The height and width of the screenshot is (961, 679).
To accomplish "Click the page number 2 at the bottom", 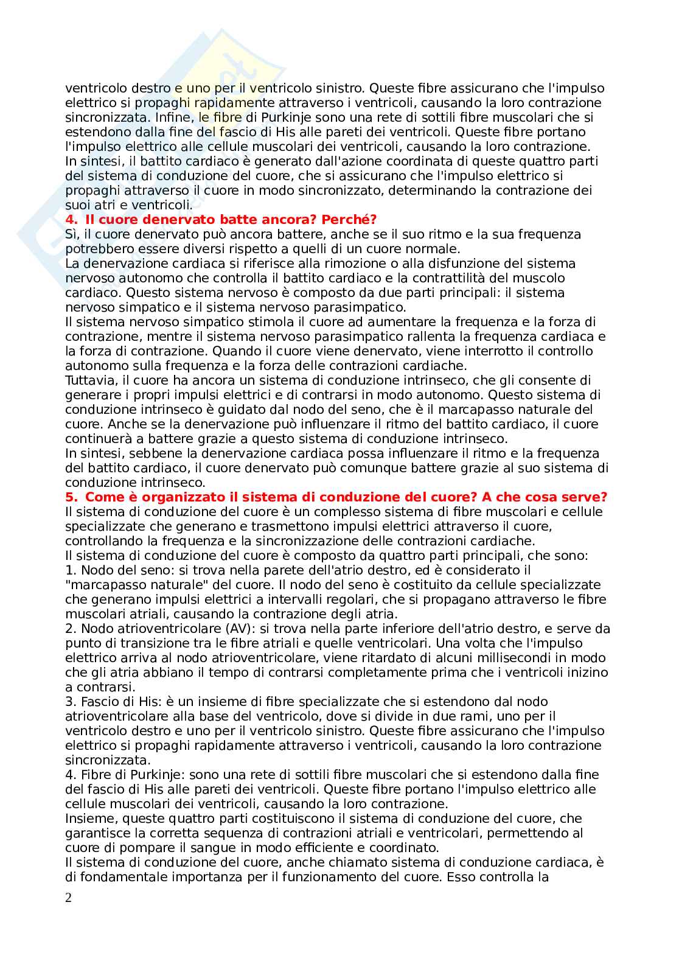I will pos(68,898).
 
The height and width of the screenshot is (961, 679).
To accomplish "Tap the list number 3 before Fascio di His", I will pos(69,702).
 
